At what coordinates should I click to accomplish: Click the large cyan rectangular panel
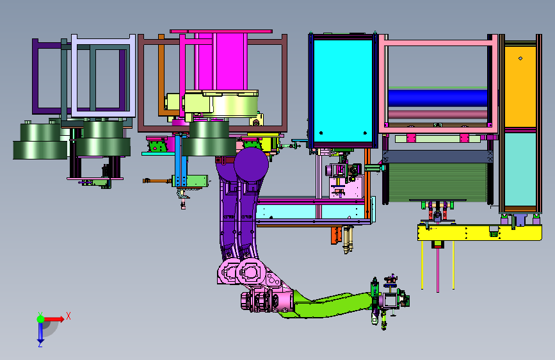342,91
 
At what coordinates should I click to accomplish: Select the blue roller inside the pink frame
437,97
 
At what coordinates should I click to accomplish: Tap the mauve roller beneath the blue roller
437,115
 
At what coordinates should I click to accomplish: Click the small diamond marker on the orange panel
520,58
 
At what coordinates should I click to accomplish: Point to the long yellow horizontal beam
479,233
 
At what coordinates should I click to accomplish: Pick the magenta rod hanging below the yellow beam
438,269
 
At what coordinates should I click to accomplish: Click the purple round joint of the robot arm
251,165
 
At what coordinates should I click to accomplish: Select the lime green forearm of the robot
329,305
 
